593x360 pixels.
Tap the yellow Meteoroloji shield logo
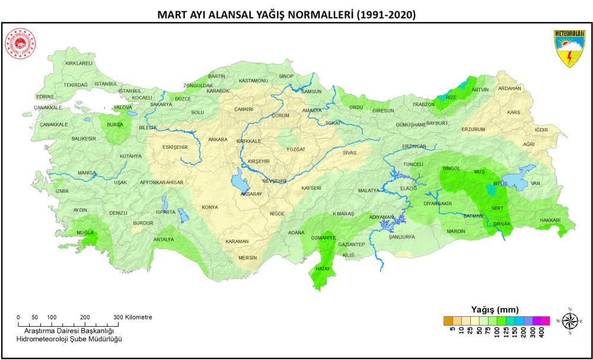569,48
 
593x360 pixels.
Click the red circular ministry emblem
20,44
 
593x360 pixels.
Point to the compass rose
569,321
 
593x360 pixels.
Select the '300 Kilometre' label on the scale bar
134,317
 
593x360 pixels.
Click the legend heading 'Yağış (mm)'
495,310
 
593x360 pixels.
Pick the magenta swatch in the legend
546,321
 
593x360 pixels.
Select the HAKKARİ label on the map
550,220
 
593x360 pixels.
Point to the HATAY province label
322,269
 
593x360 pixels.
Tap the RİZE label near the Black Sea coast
451,97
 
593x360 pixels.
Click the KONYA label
210,207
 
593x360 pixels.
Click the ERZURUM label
473,129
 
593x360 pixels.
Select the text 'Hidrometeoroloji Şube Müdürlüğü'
69,338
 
